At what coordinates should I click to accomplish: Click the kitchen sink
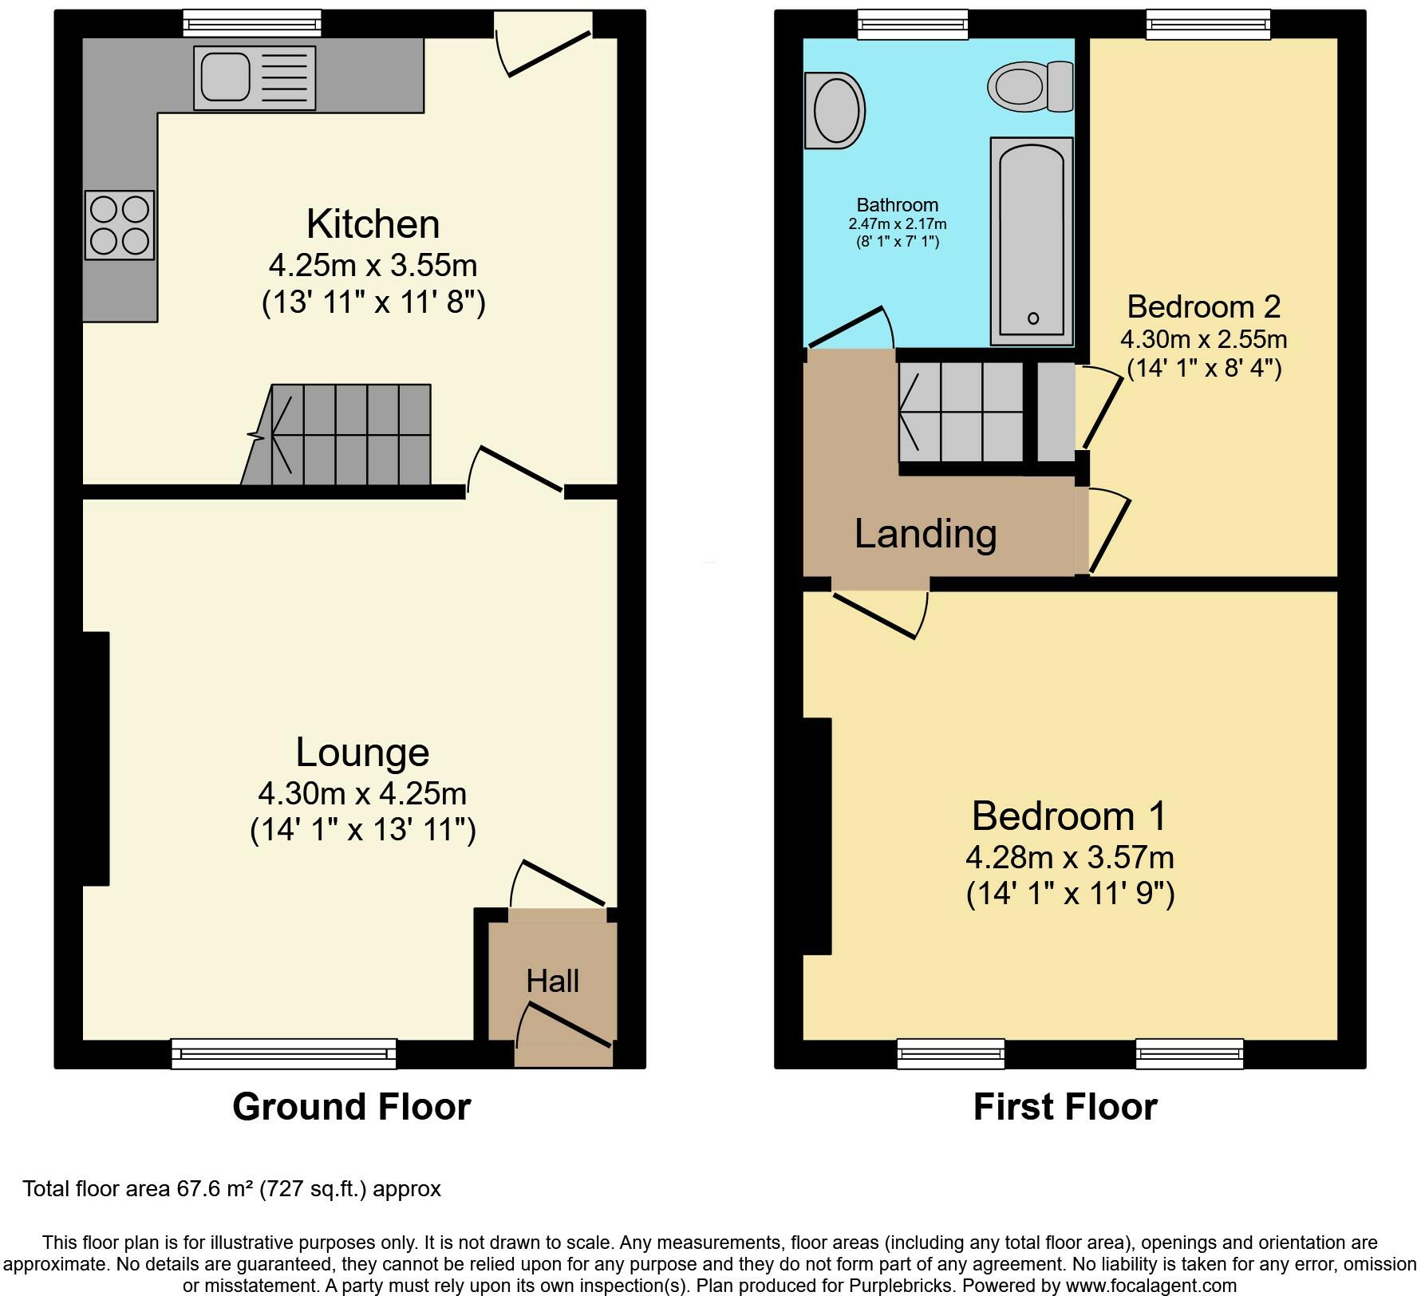click(255, 77)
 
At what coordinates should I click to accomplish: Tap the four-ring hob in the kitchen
click(120, 225)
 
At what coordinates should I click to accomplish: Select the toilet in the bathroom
click(1030, 86)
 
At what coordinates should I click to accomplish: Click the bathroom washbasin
click(835, 111)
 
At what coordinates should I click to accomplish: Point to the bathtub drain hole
click(1033, 318)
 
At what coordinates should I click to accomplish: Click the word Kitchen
click(373, 224)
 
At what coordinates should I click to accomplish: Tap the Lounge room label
click(362, 753)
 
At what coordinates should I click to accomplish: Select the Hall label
click(552, 981)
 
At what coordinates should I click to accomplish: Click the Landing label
click(926, 534)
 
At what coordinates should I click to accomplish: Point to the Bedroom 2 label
click(1204, 306)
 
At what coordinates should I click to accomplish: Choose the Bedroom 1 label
click(1069, 816)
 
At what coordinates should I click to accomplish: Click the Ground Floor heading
click(352, 1107)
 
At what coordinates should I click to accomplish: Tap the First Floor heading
click(1065, 1107)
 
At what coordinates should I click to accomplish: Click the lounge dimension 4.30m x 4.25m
click(362, 794)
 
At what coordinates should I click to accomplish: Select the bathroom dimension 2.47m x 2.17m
click(898, 224)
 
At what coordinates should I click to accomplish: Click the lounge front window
click(284, 1053)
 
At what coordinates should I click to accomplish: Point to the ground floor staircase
click(336, 435)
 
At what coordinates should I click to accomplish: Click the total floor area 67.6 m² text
click(231, 1189)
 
